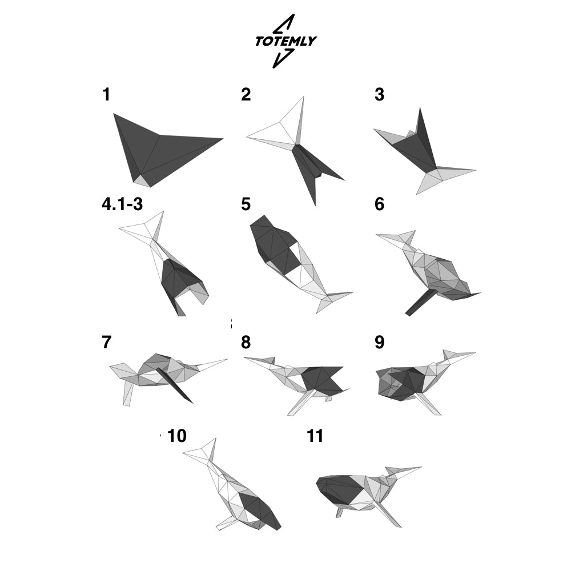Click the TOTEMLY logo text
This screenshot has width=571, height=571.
pos(286,41)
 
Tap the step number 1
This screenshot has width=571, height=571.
pos(106,94)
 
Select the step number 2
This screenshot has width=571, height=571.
pos(246,94)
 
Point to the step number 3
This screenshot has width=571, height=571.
pos(379,94)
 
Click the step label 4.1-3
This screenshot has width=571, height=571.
pos(122,204)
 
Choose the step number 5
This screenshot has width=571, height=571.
pos(246,204)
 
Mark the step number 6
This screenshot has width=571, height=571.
pos(379,204)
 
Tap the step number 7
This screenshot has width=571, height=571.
pos(106,342)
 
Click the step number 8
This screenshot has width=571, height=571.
pos(246,342)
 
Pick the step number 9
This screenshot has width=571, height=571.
pos(379,342)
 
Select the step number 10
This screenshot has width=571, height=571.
pos(177,436)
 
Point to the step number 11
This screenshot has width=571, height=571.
pos(315,436)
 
